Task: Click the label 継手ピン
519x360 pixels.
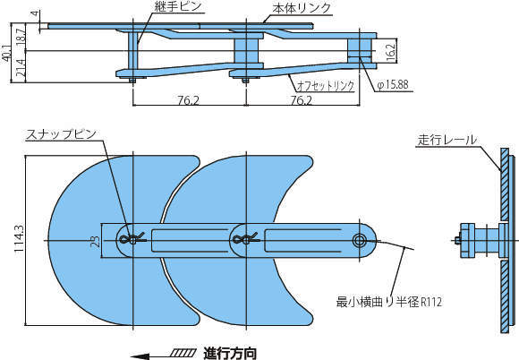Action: tap(178, 6)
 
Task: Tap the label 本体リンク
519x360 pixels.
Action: tap(302, 8)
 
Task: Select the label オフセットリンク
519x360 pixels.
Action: tap(325, 86)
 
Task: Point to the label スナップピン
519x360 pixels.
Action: tap(61, 134)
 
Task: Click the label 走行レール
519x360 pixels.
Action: tap(447, 140)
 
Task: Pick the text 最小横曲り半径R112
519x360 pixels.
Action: tap(389, 302)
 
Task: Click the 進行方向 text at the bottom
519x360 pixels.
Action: tap(230, 353)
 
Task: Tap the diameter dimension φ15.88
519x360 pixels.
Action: tap(393, 85)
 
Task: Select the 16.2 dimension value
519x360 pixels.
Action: tap(390, 51)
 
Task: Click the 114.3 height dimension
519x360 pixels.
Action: tap(19, 239)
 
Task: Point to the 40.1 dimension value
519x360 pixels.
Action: tap(5, 52)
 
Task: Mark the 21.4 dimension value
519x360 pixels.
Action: tap(21, 68)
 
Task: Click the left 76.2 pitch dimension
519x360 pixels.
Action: tap(188, 100)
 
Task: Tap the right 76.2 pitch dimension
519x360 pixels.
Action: tap(301, 100)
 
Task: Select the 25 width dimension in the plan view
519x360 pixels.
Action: tap(95, 241)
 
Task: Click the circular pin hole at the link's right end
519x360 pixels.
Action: tap(359, 240)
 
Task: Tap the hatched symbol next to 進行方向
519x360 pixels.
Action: tap(182, 353)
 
